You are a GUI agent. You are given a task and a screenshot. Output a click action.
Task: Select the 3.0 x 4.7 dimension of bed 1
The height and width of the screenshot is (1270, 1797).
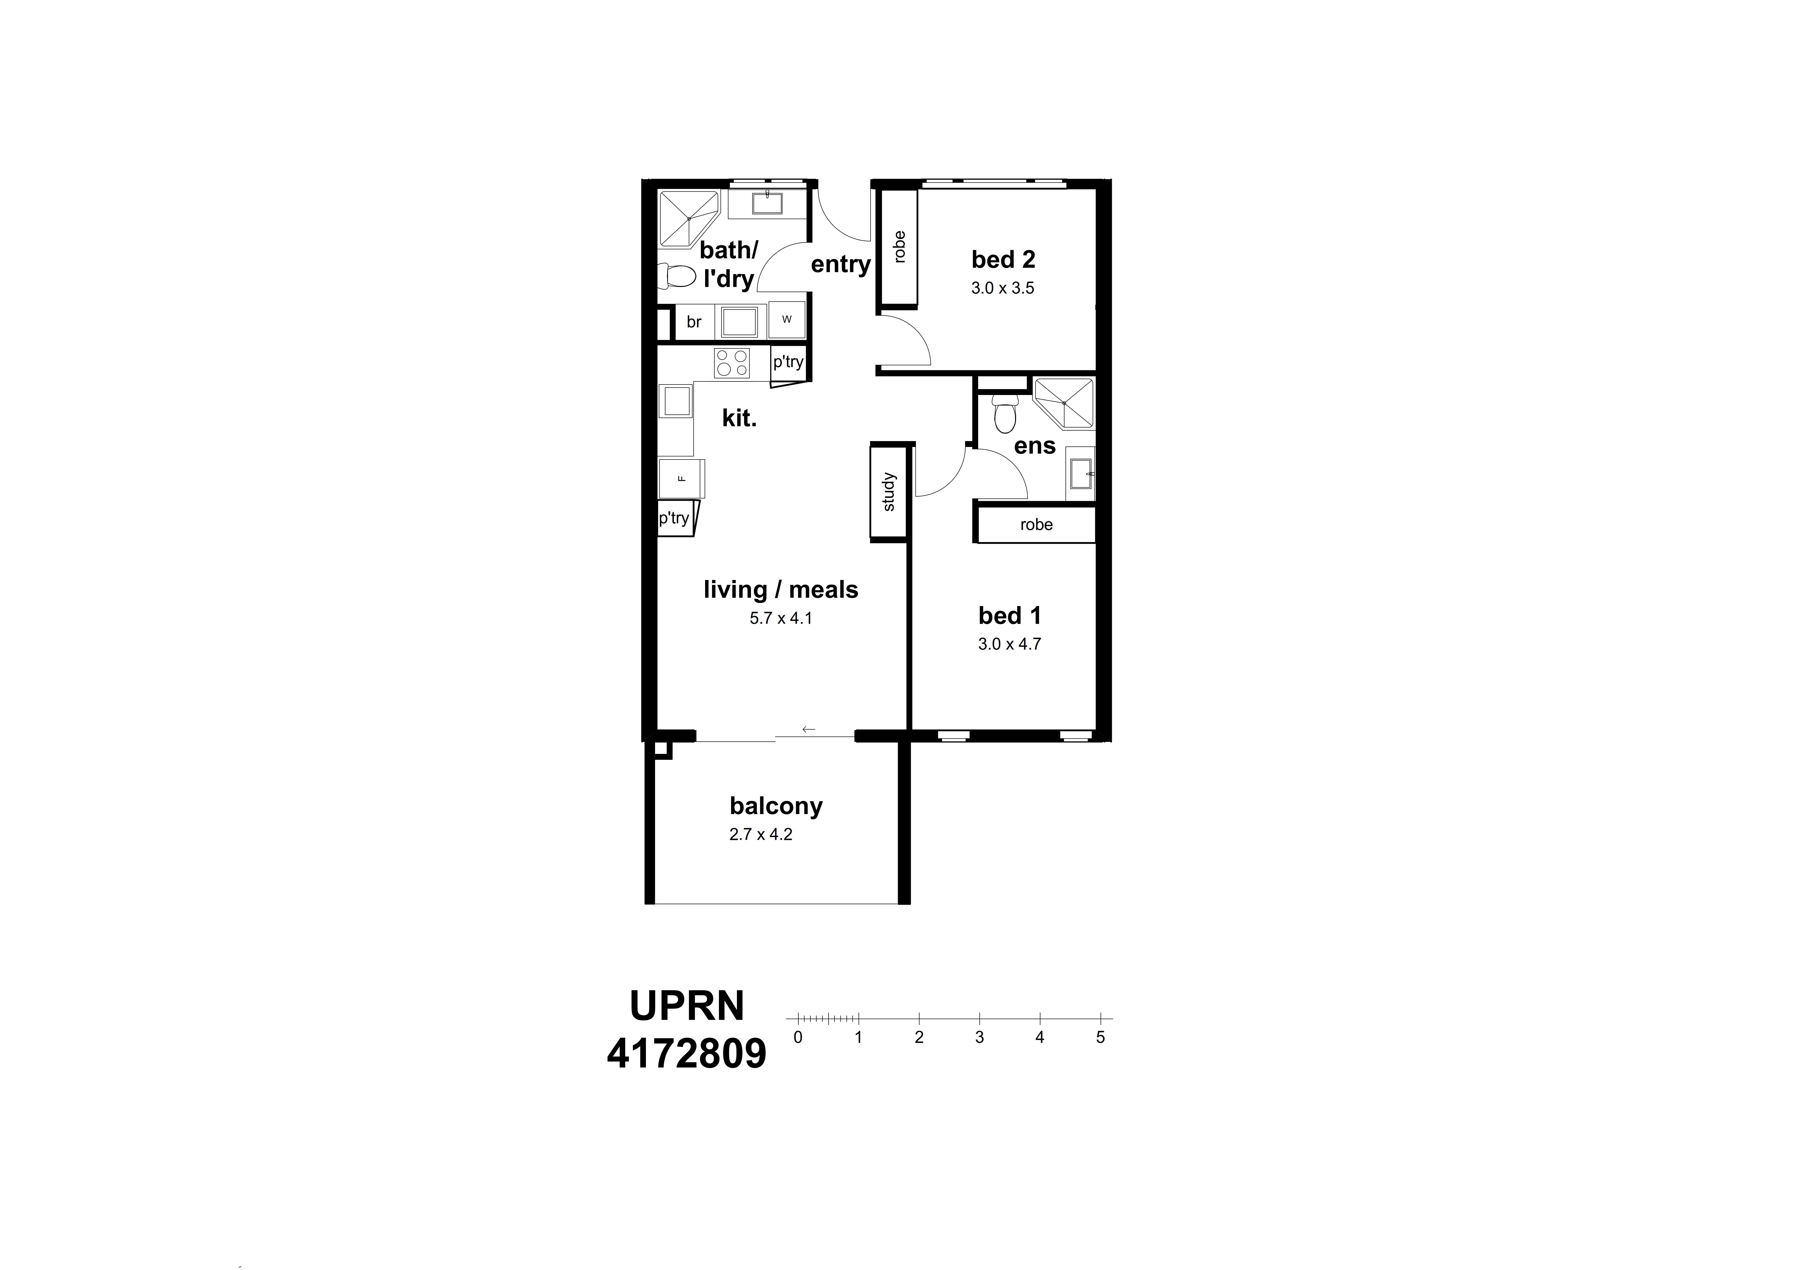click(1009, 644)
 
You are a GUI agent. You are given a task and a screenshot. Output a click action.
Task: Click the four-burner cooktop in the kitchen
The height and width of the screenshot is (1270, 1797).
click(732, 363)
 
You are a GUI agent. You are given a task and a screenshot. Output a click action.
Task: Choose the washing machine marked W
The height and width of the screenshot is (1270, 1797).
click(787, 319)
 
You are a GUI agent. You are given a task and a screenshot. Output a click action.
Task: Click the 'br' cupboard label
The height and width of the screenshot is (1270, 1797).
click(693, 322)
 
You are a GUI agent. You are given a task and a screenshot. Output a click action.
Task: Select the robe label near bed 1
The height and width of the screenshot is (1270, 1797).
click(1036, 525)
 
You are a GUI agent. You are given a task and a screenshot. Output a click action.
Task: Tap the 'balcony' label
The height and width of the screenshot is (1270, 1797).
click(776, 806)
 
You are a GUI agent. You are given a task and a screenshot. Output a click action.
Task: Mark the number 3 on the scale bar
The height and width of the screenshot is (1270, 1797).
click(979, 1038)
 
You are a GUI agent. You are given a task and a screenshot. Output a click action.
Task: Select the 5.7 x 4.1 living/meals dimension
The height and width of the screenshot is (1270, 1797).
click(780, 618)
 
